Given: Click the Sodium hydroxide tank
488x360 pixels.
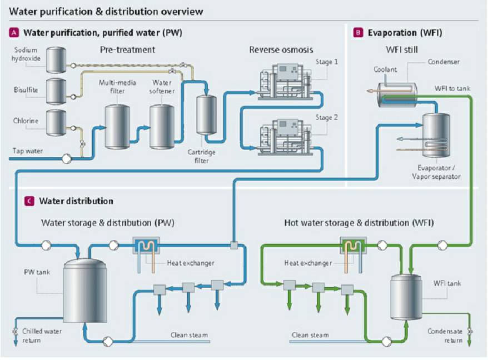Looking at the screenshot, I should point(56,60).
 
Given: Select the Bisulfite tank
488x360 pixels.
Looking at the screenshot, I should point(56,91).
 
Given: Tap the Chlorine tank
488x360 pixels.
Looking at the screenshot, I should point(56,123).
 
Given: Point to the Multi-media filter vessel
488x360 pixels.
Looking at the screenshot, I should point(117,126).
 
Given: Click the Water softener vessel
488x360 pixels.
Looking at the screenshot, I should point(162,126).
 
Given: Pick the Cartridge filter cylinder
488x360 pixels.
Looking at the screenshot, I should point(207,114).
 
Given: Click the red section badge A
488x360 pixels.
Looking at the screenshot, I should point(14,33).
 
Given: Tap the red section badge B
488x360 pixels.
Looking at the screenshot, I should point(358,33).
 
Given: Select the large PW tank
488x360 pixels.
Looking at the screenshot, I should point(84,291).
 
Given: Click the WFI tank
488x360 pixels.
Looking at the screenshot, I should point(406,297).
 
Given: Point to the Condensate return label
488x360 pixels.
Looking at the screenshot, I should point(445,336).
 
